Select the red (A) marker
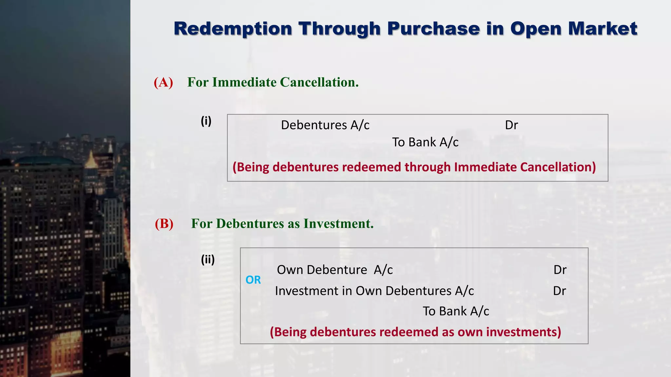coord(163,82)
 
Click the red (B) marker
coord(164,224)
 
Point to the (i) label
coord(206,121)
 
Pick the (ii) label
coord(208,260)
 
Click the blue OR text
coord(253,280)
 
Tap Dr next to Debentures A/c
coord(511,125)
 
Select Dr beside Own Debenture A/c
coord(560,270)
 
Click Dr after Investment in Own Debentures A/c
coord(559,291)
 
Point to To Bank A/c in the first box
coord(425,142)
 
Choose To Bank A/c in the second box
coord(456,311)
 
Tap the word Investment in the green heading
coord(338,224)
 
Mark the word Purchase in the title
coord(433,29)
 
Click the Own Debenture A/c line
coord(335,270)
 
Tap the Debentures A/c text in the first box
coord(325,125)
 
